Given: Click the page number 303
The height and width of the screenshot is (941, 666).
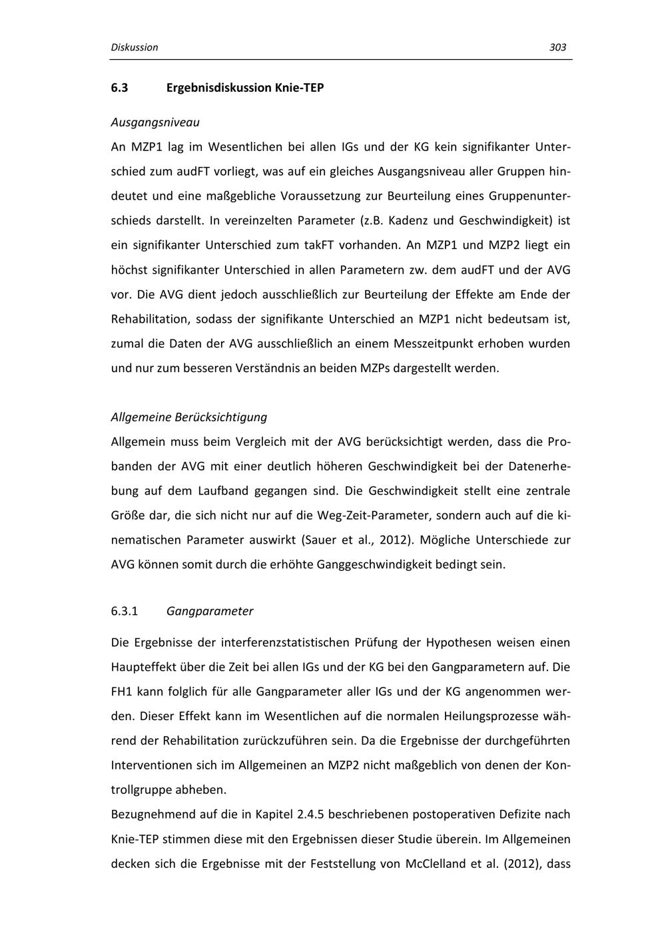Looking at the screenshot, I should (557, 47).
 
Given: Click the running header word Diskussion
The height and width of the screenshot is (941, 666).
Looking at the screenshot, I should (135, 47).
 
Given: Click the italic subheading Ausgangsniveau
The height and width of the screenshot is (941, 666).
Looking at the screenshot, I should (155, 122).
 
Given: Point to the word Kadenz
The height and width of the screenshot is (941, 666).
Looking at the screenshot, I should (407, 220).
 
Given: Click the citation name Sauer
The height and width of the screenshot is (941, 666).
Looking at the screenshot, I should (317, 540).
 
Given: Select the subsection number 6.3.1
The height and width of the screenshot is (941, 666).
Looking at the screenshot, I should (125, 611).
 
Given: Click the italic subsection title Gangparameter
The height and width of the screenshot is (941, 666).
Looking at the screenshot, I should (210, 611).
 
